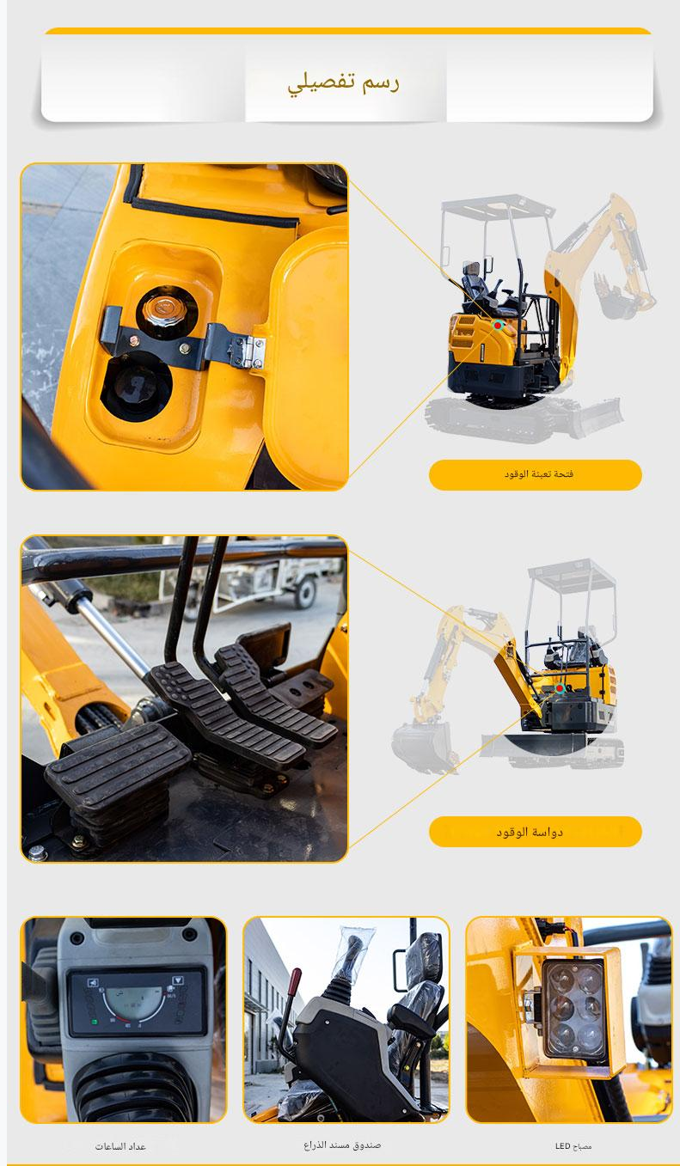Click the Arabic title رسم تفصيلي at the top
344,83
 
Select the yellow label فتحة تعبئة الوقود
536,474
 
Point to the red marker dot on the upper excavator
499,326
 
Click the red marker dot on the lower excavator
560,688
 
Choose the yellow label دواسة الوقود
536,832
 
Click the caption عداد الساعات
120,1147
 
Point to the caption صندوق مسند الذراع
342,1145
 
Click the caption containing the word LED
573,1146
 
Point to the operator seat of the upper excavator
478,287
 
